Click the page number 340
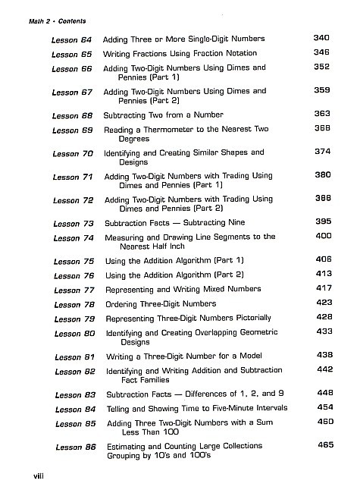pyautogui.click(x=322, y=38)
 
